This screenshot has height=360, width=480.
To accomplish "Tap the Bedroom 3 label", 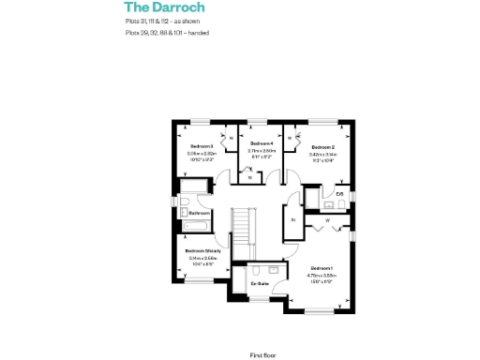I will coord(202,146).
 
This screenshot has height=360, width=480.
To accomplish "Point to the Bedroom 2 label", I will coord(323,146).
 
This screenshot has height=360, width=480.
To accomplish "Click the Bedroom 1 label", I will coord(322,267).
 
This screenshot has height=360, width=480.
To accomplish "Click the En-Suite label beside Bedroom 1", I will coord(260,282).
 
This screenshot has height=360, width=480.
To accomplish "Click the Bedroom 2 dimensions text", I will coord(323,157).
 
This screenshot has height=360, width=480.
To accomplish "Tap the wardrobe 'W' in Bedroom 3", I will coord(231,139).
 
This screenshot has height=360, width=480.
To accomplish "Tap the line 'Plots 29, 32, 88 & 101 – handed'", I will coord(167,32).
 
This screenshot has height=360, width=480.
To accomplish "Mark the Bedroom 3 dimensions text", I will coord(202,157).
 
